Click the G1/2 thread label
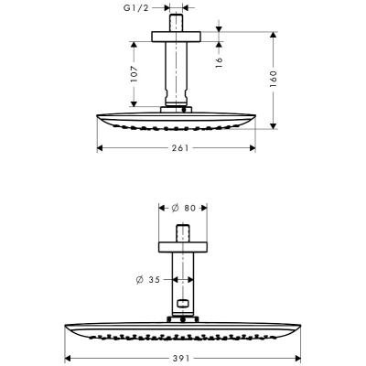click(x=135, y=8)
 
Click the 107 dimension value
click(x=135, y=74)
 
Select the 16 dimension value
click(x=219, y=62)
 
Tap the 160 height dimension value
click(x=273, y=79)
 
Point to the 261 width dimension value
click(x=180, y=148)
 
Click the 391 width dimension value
click(x=180, y=358)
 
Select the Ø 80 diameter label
click(x=183, y=208)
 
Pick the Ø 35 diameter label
click(x=148, y=279)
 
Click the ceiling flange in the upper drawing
click(x=177, y=37)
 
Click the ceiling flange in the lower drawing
click(x=182, y=247)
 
